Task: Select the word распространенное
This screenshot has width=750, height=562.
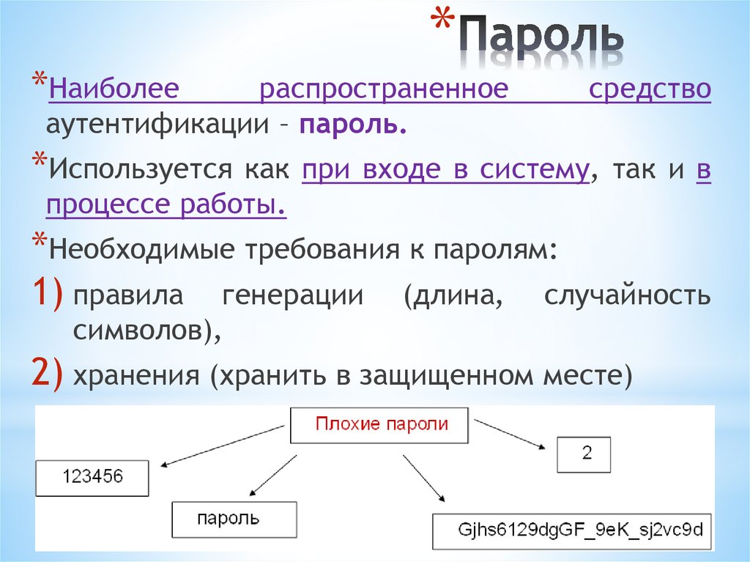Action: click(384, 90)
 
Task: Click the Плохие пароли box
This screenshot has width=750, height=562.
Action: click(379, 425)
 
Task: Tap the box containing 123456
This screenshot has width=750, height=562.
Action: click(92, 478)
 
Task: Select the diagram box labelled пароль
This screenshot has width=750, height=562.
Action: click(234, 520)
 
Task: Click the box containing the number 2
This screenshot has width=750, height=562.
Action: click(583, 454)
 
